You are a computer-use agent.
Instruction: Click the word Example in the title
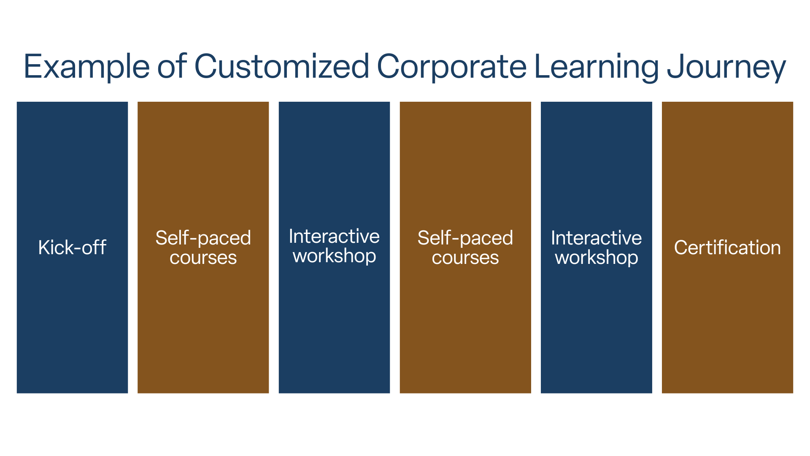(86, 67)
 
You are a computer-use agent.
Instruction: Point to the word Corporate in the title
(451, 67)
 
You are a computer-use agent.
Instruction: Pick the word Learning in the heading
(596, 67)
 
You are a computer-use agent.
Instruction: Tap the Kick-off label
(72, 247)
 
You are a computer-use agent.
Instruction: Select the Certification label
(727, 247)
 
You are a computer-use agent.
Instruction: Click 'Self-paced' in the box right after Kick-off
(203, 238)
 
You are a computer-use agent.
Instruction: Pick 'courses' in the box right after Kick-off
(203, 258)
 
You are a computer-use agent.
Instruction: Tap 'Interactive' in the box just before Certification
(596, 238)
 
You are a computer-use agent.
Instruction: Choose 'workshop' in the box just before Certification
(596, 258)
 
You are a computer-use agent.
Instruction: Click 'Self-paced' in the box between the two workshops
(465, 238)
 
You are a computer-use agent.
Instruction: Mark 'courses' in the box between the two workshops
(465, 258)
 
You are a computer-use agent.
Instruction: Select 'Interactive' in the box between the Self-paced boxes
(334, 236)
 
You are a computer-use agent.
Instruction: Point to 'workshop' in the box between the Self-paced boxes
(334, 256)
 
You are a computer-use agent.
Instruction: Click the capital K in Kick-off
(43, 247)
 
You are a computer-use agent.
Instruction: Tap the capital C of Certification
(680, 247)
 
